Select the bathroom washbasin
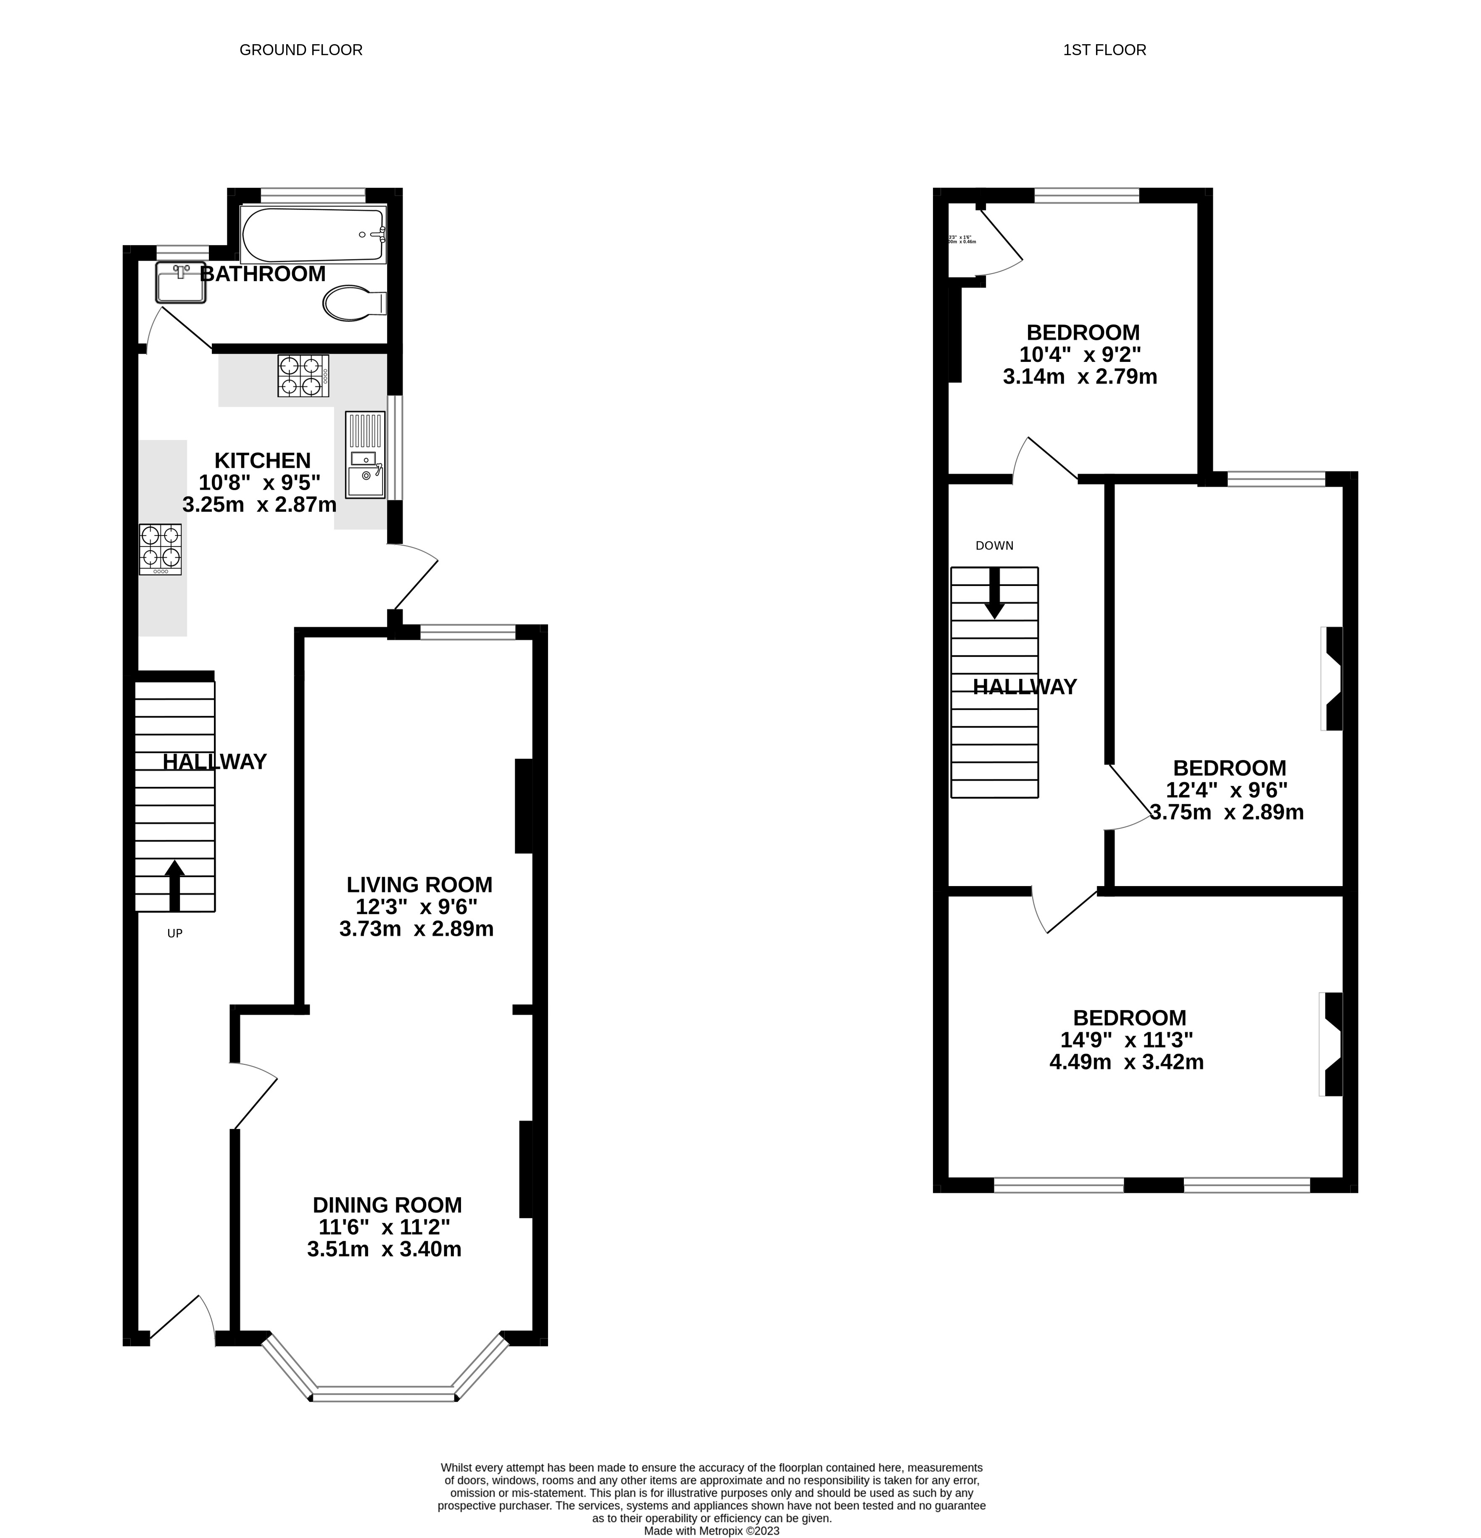point(180,283)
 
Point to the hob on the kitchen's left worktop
point(160,549)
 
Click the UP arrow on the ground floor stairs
point(174,885)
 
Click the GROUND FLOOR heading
point(300,50)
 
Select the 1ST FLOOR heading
point(1104,50)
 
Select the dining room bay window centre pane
point(384,1394)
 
